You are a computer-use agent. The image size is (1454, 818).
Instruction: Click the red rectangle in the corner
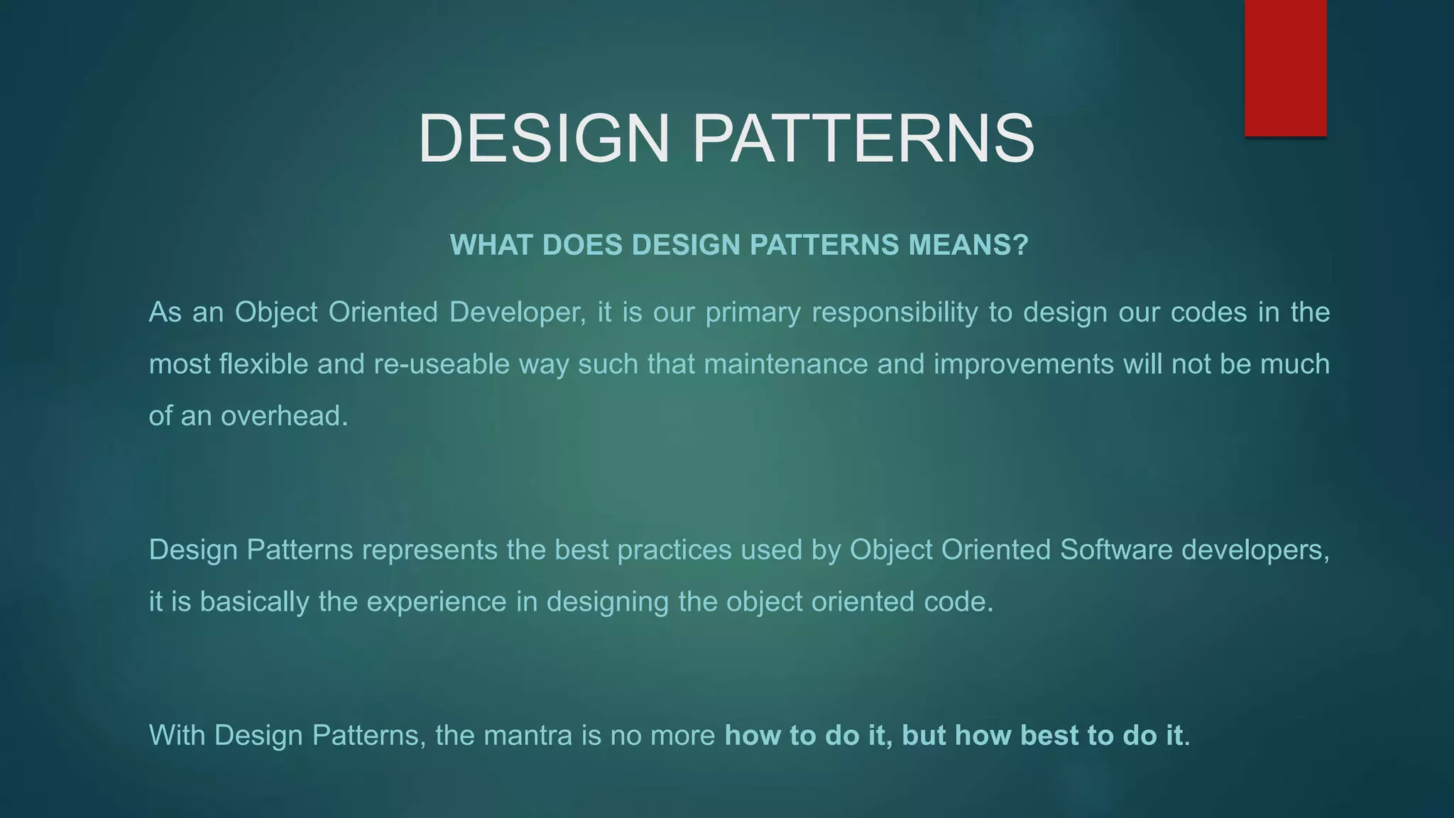coord(1285,67)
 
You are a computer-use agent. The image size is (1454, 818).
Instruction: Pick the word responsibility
coord(895,312)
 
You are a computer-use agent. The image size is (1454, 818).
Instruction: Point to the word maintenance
coord(786,364)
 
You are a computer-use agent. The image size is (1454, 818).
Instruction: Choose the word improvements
coord(1023,364)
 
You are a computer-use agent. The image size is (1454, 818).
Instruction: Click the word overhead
coord(284,416)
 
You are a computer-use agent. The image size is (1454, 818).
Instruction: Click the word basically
coord(254,602)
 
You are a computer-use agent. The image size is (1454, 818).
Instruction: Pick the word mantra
coord(528,736)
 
